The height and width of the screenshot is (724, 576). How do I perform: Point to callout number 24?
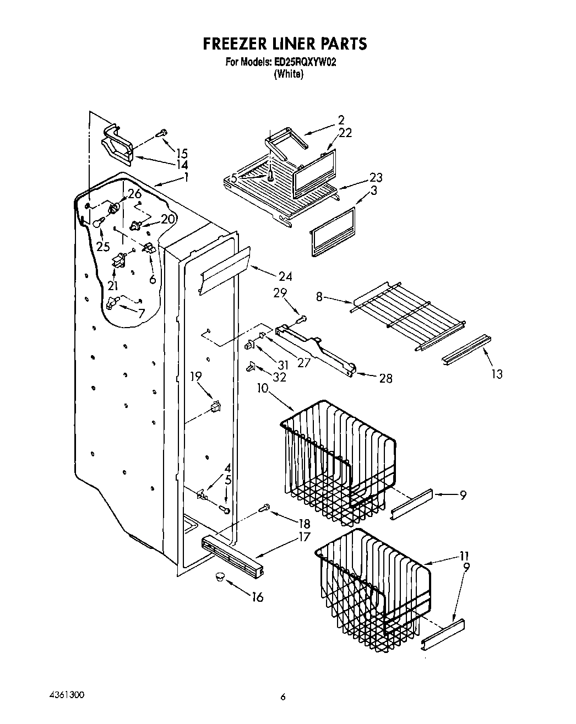point(285,276)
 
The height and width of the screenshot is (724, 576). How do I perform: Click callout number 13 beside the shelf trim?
point(497,374)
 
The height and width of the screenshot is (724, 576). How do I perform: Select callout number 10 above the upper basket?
point(262,388)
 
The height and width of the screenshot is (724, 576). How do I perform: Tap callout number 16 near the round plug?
point(257,597)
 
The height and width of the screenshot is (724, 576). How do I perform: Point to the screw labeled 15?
point(164,132)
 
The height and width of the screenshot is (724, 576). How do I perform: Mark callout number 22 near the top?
point(345,133)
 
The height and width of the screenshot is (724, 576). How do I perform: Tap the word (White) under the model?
point(289,74)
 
